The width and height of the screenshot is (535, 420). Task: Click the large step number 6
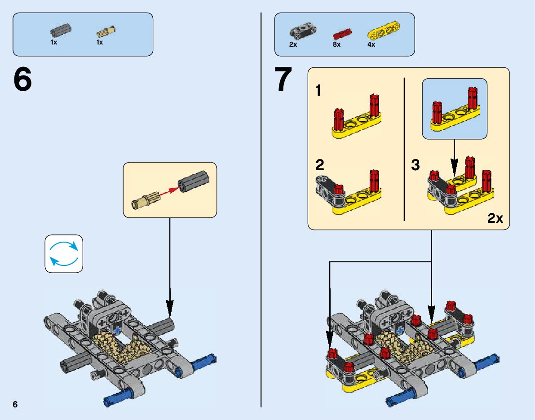(x=22, y=80)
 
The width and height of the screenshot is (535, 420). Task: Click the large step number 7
(x=283, y=80)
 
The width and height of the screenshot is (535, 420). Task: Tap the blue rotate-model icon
(x=64, y=254)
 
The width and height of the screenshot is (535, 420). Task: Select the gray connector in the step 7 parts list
(x=303, y=31)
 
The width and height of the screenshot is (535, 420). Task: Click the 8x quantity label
(x=336, y=44)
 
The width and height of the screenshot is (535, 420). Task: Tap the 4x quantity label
(x=371, y=44)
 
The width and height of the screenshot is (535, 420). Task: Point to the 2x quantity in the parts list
(x=293, y=44)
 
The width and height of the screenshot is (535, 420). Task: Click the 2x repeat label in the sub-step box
(x=495, y=218)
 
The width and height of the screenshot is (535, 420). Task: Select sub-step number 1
(x=318, y=91)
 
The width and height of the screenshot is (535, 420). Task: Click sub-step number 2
(x=319, y=165)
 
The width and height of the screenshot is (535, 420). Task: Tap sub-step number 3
(x=416, y=165)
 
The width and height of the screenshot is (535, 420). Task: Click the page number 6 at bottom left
(x=15, y=404)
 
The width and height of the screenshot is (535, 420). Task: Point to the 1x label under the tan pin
(x=100, y=42)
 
